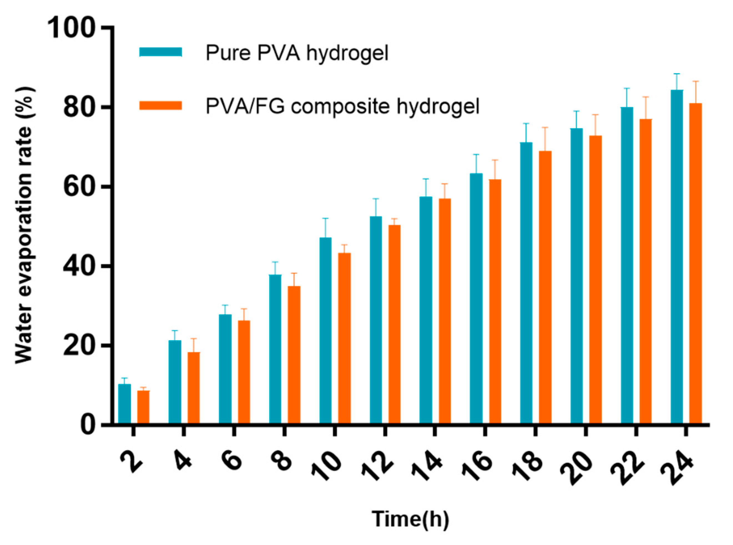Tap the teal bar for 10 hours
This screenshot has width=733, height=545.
click(326, 330)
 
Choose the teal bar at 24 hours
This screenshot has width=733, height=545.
click(677, 256)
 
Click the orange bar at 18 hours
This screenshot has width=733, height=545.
click(545, 287)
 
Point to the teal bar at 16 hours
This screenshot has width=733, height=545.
click(476, 298)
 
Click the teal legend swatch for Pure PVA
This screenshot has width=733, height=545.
click(161, 52)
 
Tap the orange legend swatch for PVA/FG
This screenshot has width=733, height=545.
click(161, 105)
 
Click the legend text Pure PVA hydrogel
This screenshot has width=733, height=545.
click(297, 53)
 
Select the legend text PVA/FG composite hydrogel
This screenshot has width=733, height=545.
click(342, 106)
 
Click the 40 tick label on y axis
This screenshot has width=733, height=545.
click(79, 266)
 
